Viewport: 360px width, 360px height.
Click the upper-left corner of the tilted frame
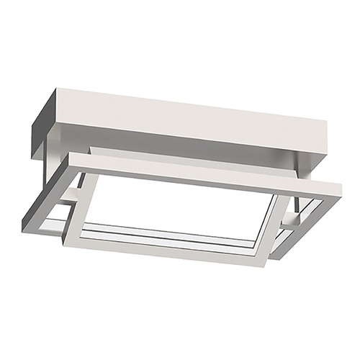(x=72, y=155)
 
